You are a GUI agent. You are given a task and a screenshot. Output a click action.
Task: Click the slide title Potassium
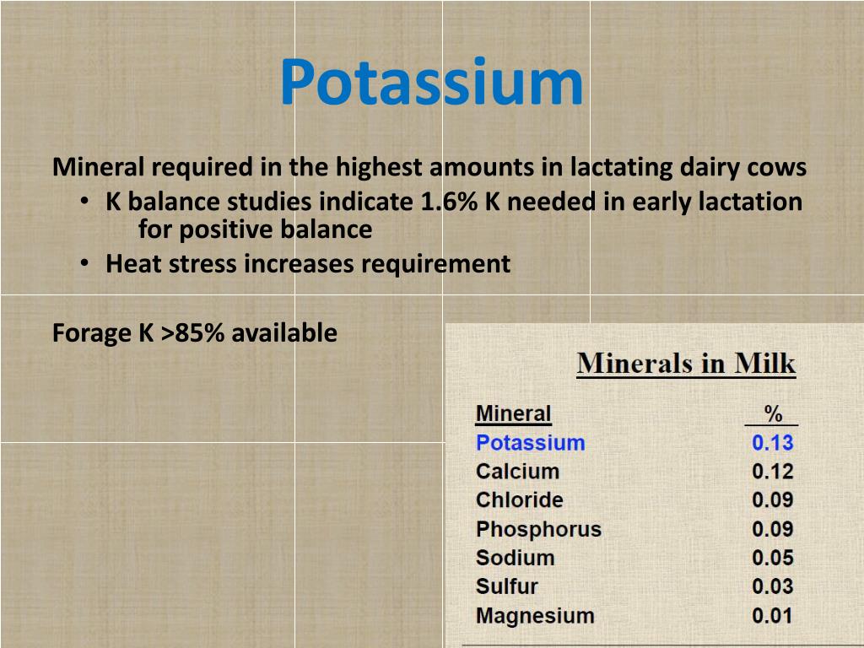431,83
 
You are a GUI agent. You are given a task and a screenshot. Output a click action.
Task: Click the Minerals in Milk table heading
686,364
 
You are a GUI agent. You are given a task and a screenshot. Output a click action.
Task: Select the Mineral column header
513,414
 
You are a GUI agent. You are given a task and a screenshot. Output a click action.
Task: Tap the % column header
772,414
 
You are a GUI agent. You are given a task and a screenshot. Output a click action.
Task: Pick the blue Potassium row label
530,443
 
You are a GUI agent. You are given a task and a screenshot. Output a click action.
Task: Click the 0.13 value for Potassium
772,443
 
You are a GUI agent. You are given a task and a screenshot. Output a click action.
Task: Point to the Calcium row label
517,472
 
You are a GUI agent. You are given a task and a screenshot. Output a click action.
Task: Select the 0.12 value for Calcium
772,472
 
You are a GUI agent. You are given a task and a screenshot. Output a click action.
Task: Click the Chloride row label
519,500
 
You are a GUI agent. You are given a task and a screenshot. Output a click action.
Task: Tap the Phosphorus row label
538,530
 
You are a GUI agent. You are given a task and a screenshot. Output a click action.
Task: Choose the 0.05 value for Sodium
772,559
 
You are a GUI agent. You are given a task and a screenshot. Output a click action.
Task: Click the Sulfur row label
506,587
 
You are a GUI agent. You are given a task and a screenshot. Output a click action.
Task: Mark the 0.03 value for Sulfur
772,587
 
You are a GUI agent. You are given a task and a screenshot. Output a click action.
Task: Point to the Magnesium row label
535,616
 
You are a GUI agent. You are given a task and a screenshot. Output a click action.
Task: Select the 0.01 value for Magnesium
772,616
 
